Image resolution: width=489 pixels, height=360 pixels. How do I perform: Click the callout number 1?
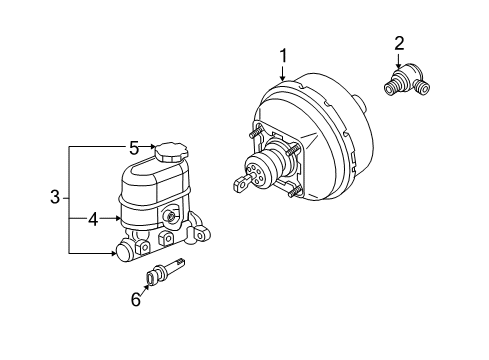pos(283,56)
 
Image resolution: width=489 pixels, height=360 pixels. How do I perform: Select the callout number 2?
pos(400,42)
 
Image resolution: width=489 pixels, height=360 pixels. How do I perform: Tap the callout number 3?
pos(55,198)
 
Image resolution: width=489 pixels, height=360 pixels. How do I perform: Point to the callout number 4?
pos(91,217)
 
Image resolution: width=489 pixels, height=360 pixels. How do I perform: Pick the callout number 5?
pos(134,147)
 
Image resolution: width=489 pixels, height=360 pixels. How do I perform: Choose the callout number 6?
pos(136,298)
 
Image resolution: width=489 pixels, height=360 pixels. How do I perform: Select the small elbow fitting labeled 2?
pos(407,83)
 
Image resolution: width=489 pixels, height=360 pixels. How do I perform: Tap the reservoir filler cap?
pos(169,153)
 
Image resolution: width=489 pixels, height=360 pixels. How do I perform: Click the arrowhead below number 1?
pos(283,80)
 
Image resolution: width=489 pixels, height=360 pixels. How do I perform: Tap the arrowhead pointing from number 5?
pos(151,147)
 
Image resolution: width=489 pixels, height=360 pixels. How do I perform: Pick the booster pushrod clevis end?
pos(238,183)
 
